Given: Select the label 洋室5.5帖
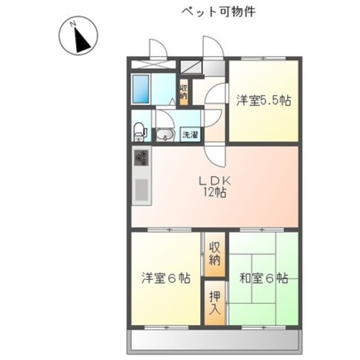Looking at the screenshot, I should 263,101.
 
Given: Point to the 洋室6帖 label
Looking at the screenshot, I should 165,278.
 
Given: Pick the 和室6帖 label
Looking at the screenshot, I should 263,278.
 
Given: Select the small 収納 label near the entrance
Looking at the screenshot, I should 184,92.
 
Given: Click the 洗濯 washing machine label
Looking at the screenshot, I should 189,134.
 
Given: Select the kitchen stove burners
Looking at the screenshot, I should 141,157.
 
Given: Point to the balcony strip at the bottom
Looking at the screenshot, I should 214,340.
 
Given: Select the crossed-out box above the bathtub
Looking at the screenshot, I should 149,63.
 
